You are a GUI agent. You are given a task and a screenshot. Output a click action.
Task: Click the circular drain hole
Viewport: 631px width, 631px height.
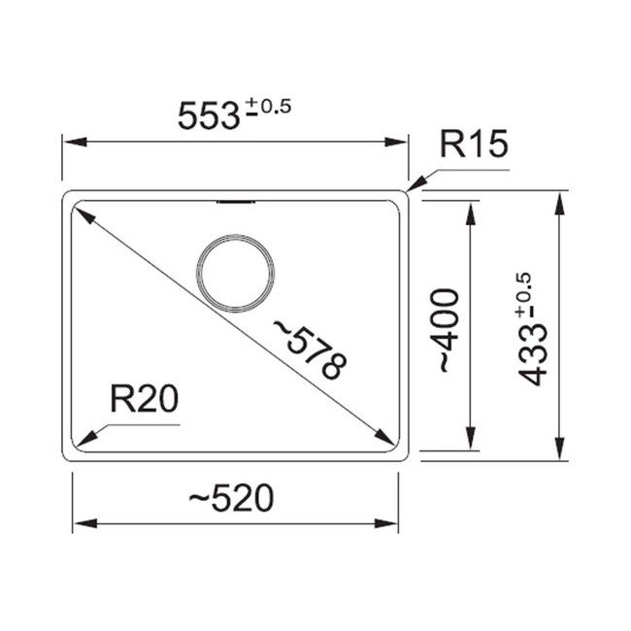click(236, 274)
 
